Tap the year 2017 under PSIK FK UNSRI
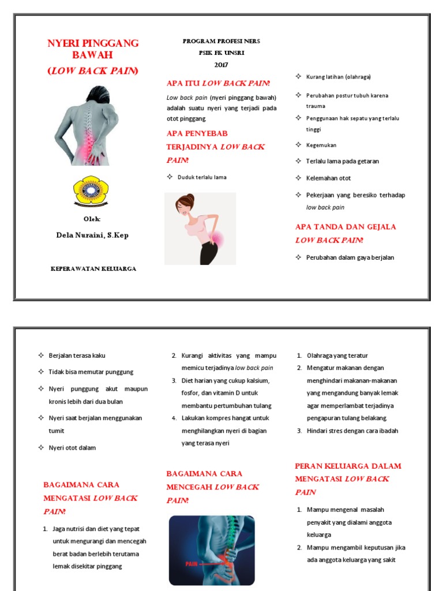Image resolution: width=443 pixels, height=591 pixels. [221, 64]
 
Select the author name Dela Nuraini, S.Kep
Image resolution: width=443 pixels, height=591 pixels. [92, 235]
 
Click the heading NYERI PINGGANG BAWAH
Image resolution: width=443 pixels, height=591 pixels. [92, 49]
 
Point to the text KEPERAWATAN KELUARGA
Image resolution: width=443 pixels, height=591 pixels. [93, 269]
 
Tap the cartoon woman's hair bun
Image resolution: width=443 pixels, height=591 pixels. [181, 200]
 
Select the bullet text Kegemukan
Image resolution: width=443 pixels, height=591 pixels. [321, 145]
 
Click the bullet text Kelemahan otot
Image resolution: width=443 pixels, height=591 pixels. [328, 178]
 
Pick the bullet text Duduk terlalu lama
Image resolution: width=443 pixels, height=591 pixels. [201, 177]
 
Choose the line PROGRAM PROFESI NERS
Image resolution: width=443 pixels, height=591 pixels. [221, 42]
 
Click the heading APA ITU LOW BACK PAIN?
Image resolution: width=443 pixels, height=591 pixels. [218, 84]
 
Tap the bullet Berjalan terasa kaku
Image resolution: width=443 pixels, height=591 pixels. [77, 356]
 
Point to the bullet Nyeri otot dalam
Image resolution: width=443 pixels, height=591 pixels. [72, 448]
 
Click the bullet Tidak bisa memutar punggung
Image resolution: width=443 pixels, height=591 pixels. [91, 372]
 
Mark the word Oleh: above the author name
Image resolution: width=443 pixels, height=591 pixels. [92, 219]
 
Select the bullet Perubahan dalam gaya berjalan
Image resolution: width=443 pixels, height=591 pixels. [350, 257]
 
